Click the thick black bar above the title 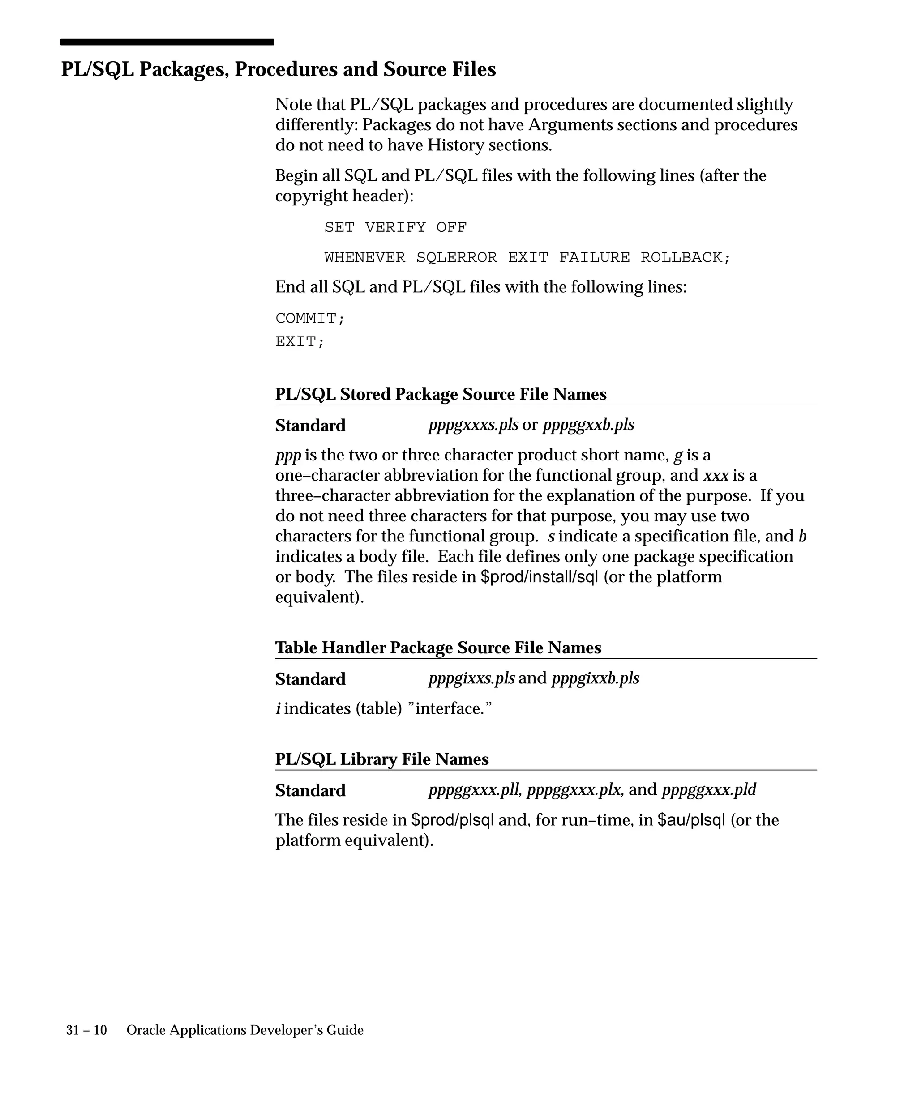(x=167, y=42)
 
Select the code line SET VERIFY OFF (x=395, y=227)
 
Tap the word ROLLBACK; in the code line (x=685, y=258)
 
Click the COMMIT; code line (x=310, y=319)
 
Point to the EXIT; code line (x=300, y=341)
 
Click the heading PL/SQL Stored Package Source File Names (x=441, y=394)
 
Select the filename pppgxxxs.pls (x=473, y=425)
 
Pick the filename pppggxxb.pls (x=588, y=425)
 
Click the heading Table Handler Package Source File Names (x=438, y=648)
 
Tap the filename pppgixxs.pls (x=471, y=678)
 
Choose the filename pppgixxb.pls (x=595, y=678)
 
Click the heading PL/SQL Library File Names (x=382, y=759)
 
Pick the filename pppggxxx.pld (x=709, y=790)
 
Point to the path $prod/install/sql (x=539, y=577)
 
